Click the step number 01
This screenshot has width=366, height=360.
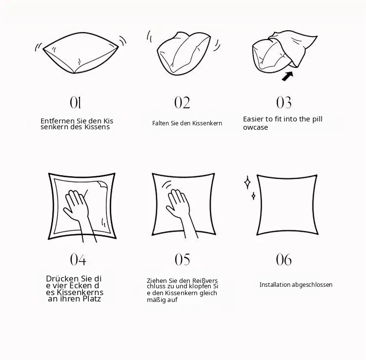(75, 102)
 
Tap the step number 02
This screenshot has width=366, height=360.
(182, 102)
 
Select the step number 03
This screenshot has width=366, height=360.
(284, 102)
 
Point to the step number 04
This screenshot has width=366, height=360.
(78, 260)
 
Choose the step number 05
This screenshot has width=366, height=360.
(183, 260)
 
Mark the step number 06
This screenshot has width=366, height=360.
(284, 260)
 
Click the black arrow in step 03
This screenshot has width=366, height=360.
(287, 76)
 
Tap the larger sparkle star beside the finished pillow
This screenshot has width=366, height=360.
(247, 182)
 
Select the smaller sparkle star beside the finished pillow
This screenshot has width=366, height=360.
(253, 196)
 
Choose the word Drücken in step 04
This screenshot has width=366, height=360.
(62, 279)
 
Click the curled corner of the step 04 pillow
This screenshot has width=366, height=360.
(102, 184)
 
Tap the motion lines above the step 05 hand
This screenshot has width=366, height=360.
(167, 185)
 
